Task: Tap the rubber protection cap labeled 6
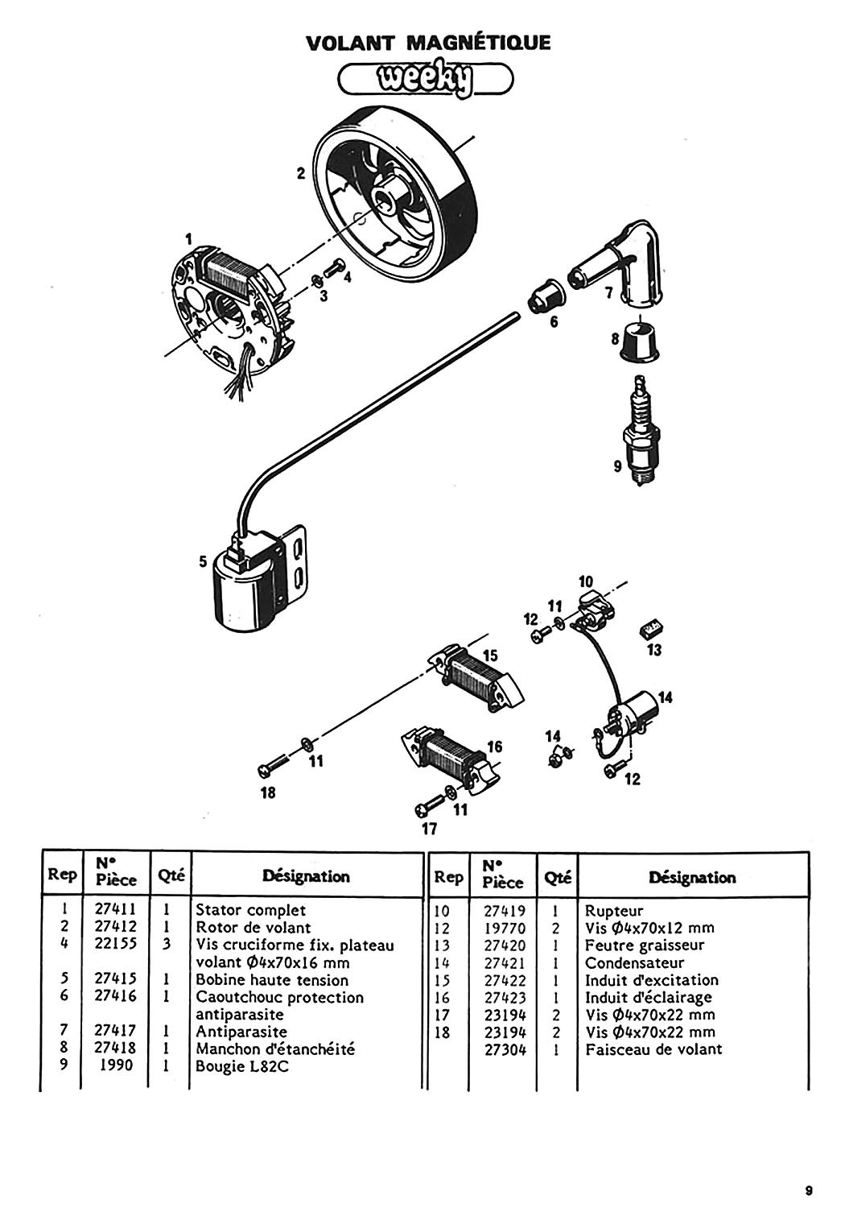(x=542, y=300)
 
